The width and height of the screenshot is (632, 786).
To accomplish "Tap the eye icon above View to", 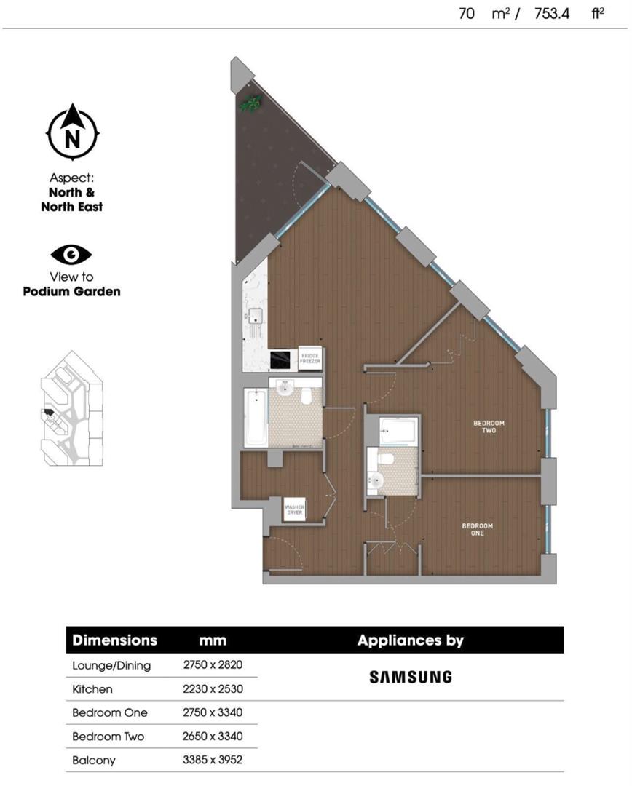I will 71,255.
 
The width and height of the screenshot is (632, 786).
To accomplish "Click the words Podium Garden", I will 71,292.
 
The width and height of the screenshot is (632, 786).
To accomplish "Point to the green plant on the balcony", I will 250,103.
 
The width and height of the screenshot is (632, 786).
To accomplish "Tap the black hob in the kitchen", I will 281,360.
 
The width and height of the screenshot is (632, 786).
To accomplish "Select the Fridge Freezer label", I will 309,358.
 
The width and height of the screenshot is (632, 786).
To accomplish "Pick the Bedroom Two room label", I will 489,426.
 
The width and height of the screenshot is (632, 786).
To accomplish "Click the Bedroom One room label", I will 478,529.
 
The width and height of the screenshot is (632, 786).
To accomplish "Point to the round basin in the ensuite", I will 376,480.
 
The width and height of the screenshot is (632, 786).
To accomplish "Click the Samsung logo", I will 410,677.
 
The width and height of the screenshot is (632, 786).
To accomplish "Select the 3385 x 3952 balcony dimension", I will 213,760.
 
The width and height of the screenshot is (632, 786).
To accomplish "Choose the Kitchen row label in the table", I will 92,688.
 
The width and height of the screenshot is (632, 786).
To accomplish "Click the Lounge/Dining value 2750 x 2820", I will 213,664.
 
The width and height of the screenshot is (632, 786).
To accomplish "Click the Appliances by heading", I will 410,640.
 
